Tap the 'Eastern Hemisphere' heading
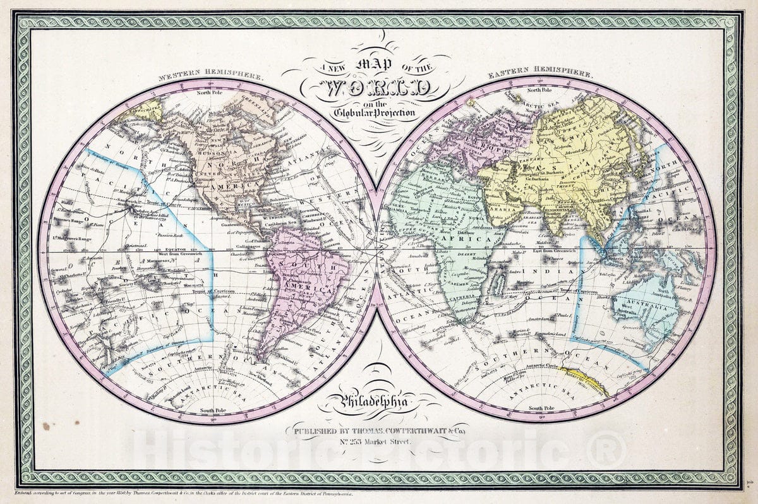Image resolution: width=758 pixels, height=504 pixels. click(x=540, y=75)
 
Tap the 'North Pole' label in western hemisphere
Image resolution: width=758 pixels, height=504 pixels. click(x=212, y=93)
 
